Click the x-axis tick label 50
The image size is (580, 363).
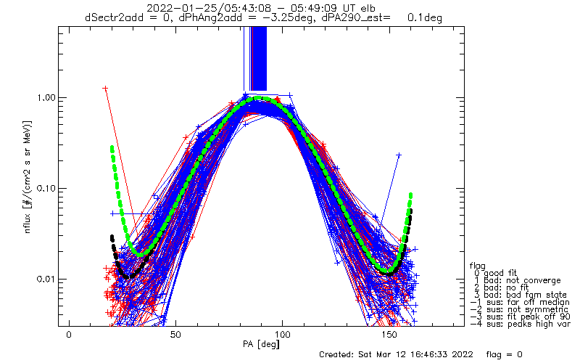point(175,335)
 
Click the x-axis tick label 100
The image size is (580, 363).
point(282,335)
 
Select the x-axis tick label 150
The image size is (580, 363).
point(389,335)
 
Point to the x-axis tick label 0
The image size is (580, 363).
point(69,335)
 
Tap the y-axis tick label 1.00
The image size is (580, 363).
point(45,98)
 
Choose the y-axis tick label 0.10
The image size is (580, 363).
point(45,189)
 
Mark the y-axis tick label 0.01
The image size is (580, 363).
point(45,279)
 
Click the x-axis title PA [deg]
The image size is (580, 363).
point(262,344)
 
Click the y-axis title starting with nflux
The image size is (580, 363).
point(28,177)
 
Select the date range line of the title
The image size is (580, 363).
point(261,8)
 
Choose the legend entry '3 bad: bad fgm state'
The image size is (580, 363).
point(521,295)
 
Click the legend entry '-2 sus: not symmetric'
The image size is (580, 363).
point(519,309)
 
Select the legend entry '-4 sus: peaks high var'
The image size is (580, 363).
point(521,324)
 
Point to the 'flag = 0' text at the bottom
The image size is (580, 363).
point(504,354)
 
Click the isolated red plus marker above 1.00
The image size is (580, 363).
point(105,88)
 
